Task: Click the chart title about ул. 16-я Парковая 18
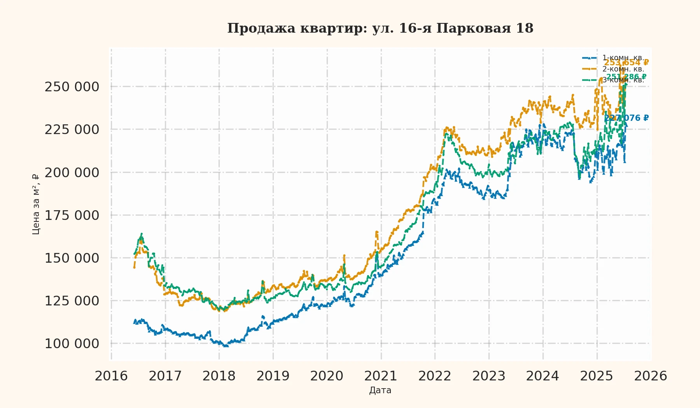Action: coord(380,28)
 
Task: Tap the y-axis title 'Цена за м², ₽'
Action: coord(36,204)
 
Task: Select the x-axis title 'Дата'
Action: coord(380,390)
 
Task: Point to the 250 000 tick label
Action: coord(72,87)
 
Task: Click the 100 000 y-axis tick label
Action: coord(72,343)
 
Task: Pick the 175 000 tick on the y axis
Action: coord(72,215)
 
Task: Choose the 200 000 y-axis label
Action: coord(72,173)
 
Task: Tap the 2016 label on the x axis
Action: coord(111,376)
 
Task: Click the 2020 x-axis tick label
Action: coord(327,376)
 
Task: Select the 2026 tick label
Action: coord(650,376)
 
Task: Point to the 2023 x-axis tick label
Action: coord(488,376)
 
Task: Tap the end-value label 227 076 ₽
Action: coord(626,118)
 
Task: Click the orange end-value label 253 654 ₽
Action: coord(626,63)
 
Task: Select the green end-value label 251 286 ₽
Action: coord(626,77)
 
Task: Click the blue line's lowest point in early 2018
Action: coord(226,346)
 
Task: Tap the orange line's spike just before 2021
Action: coord(376,232)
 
